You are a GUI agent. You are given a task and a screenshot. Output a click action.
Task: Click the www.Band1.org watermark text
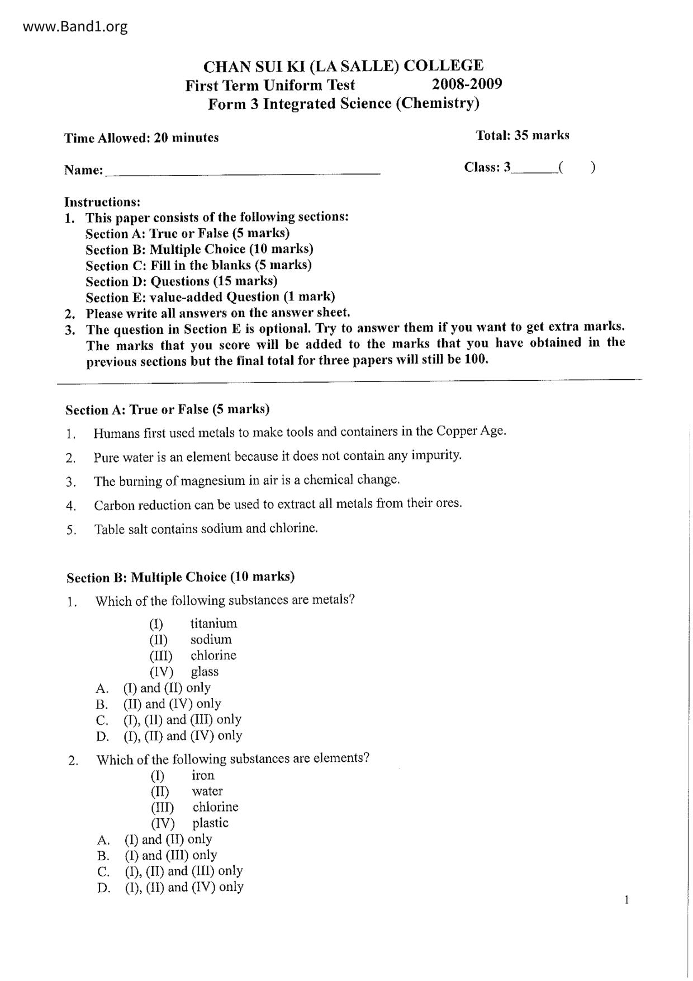75,26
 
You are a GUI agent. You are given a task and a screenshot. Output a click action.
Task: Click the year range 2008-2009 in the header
467,84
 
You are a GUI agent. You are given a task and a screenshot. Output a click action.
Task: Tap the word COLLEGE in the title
443,66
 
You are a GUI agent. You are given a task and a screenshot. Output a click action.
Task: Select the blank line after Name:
243,171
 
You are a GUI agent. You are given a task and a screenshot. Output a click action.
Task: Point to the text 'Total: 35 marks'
522,135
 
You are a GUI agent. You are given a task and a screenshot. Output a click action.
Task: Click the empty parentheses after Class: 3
577,167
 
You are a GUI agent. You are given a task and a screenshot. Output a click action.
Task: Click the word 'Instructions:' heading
102,201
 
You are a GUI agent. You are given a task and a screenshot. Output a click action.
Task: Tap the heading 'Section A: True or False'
167,409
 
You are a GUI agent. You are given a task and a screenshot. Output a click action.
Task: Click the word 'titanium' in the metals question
213,623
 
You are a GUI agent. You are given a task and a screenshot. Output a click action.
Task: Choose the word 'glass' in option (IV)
205,672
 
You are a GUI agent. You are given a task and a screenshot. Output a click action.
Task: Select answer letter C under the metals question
102,720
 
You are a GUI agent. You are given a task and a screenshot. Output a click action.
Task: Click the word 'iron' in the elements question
203,775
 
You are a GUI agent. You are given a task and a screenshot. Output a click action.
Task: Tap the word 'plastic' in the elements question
210,823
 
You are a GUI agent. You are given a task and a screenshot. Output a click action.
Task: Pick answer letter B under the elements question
103,856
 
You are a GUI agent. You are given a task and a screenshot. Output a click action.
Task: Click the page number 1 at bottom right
626,900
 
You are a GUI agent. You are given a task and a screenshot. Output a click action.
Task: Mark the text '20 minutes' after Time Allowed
186,138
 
